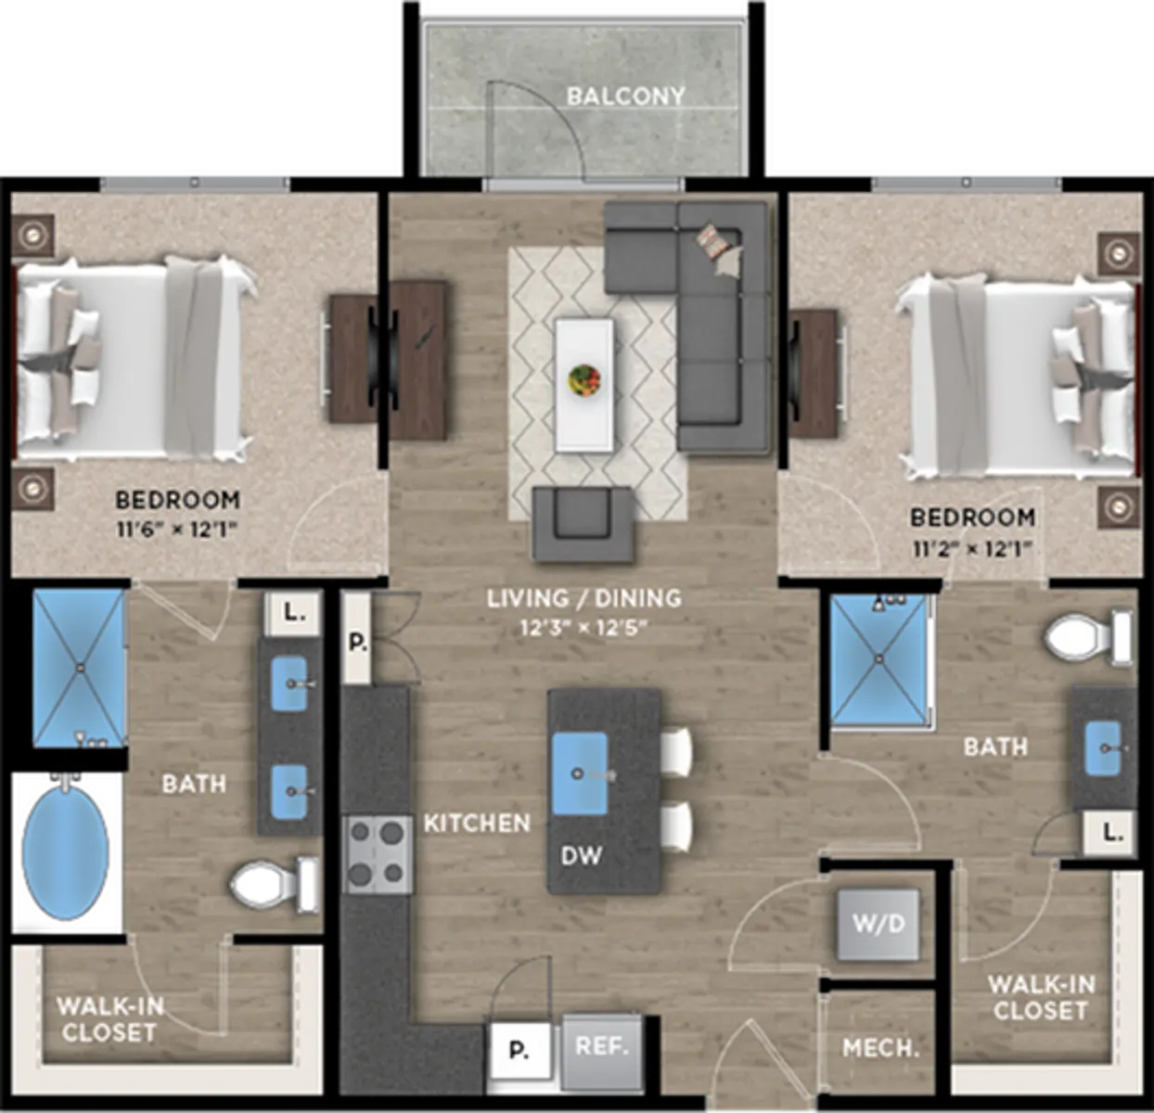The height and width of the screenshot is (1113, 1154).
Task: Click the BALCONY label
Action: click(x=625, y=96)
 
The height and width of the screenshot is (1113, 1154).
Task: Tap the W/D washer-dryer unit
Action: click(x=878, y=924)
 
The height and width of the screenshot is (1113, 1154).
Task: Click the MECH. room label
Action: click(x=880, y=1049)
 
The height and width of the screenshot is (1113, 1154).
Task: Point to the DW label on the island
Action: click(x=582, y=856)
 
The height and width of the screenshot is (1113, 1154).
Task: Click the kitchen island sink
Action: click(x=580, y=774)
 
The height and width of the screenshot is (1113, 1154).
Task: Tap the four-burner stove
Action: click(x=378, y=855)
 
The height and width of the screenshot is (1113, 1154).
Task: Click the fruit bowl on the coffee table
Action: click(x=584, y=379)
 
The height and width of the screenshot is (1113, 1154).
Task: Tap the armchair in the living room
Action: click(x=583, y=524)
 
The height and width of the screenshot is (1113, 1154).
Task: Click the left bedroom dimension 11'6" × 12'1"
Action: click(x=176, y=530)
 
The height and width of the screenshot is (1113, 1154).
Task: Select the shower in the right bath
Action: click(x=879, y=659)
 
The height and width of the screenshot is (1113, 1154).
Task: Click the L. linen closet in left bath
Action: click(x=292, y=614)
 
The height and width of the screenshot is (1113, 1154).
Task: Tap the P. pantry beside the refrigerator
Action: click(x=519, y=1052)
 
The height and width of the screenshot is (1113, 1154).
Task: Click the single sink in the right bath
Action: click(x=1103, y=748)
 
